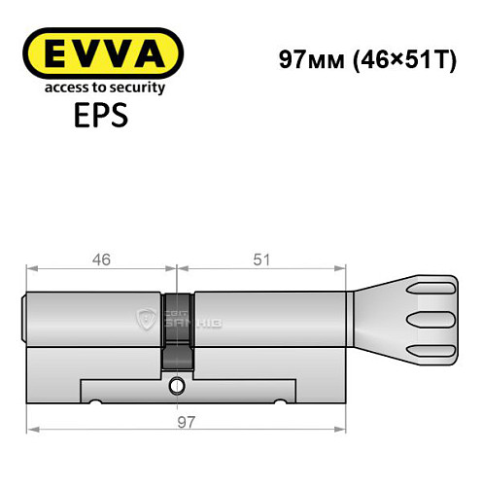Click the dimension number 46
(102, 260)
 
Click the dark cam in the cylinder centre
(177, 330)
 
